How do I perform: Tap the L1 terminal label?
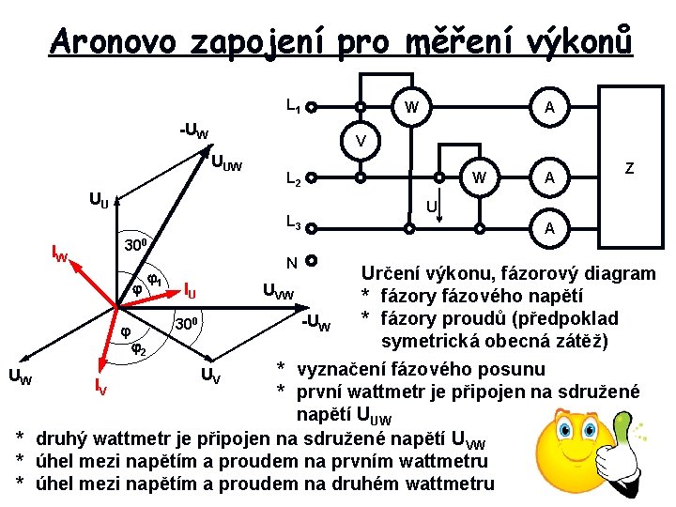pyautogui.click(x=293, y=109)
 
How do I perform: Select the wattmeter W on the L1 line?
pyautogui.click(x=409, y=108)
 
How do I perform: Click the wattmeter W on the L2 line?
pyautogui.click(x=479, y=177)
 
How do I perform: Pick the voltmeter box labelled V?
pyautogui.click(x=360, y=142)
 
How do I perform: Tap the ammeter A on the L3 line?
pyautogui.click(x=548, y=227)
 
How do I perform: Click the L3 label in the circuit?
pyautogui.click(x=293, y=224)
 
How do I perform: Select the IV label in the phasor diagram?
pyautogui.click(x=101, y=383)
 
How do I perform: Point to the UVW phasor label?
pyautogui.click(x=277, y=295)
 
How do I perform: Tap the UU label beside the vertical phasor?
pyautogui.click(x=99, y=199)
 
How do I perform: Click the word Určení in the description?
pyautogui.click(x=392, y=273)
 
